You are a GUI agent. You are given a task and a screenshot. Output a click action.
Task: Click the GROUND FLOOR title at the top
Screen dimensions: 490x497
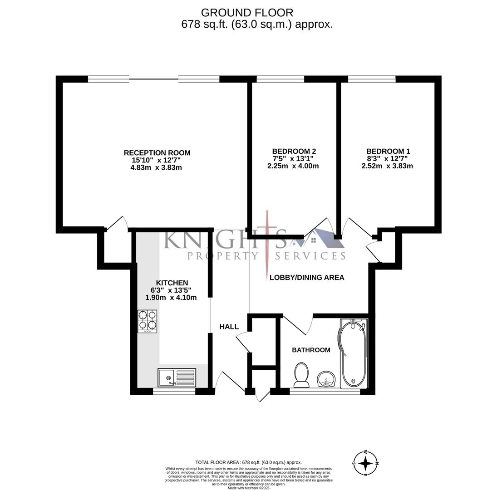(247, 13)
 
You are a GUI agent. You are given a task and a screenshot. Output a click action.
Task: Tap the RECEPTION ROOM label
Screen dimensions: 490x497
(157, 153)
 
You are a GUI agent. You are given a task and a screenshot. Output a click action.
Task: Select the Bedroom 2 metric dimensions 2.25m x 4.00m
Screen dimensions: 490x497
(293, 166)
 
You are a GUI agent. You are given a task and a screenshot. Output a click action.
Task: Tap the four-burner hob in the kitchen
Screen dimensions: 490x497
(148, 321)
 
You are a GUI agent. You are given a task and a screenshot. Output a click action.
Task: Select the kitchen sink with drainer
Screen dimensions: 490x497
(177, 377)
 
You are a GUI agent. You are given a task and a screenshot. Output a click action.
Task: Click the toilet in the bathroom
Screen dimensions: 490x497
(301, 375)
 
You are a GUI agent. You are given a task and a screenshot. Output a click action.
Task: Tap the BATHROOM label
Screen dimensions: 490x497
(311, 350)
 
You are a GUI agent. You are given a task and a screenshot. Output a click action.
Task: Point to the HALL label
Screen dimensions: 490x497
(229, 327)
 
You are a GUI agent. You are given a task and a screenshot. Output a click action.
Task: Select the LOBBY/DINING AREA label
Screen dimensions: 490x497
(307, 277)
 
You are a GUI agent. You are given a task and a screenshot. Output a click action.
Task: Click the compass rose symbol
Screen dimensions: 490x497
(365, 463)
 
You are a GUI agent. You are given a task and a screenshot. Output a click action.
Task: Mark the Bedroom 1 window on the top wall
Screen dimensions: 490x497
(372, 79)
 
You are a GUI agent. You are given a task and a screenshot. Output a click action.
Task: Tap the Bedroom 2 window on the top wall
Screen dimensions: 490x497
(280, 79)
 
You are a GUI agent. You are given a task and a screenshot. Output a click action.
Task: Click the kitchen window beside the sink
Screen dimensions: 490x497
(174, 391)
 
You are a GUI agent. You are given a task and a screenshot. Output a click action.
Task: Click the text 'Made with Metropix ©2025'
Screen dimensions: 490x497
(248, 488)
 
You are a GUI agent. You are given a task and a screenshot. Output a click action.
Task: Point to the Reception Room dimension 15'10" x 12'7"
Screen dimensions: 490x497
(156, 160)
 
